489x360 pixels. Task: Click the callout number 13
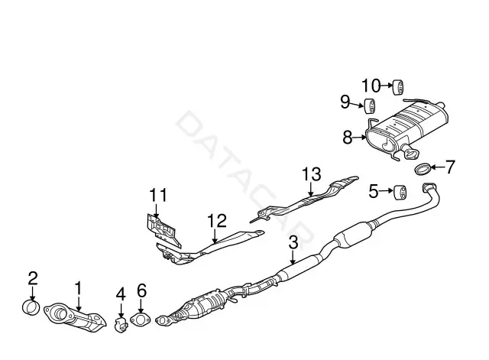tap(312, 174)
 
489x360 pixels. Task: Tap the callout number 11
tap(158, 195)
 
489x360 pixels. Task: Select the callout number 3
tap(293, 243)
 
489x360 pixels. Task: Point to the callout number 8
tap(348, 137)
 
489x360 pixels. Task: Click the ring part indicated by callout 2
tap(31, 307)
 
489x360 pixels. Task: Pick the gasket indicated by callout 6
tap(140, 320)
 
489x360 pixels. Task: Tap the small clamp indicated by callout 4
tap(121, 325)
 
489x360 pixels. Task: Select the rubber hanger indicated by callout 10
tap(398, 87)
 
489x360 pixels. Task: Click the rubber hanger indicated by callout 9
tap(371, 106)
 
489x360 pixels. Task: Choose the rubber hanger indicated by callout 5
tap(400, 193)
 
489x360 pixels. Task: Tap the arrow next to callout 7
tap(439, 167)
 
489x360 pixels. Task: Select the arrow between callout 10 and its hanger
tap(387, 85)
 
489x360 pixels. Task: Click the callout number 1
tap(78, 288)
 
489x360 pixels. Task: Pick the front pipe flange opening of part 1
tap(60, 313)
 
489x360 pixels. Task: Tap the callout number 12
tap(217, 221)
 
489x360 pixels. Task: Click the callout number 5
tap(374, 191)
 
